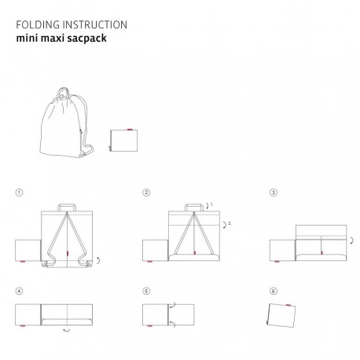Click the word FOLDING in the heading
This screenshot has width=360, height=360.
click(x=38, y=25)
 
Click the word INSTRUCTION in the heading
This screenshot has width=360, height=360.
click(x=95, y=25)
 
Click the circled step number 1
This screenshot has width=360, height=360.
click(x=19, y=193)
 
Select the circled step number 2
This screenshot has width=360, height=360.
click(x=146, y=193)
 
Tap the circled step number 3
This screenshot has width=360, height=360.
click(x=274, y=193)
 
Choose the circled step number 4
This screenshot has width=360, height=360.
click(x=19, y=291)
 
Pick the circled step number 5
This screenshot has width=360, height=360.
click(x=146, y=291)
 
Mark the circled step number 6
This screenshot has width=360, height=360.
click(x=274, y=291)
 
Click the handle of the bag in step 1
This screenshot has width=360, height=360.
click(x=67, y=204)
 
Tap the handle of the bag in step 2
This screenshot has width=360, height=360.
click(x=194, y=204)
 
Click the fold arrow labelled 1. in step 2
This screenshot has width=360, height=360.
click(x=208, y=206)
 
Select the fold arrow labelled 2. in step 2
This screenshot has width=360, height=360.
click(x=226, y=225)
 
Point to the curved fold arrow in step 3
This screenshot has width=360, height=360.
click(x=352, y=241)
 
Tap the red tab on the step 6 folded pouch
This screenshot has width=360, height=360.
click(x=288, y=305)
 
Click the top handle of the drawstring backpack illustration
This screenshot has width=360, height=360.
click(x=63, y=89)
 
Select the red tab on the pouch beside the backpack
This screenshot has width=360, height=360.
click(x=130, y=130)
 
